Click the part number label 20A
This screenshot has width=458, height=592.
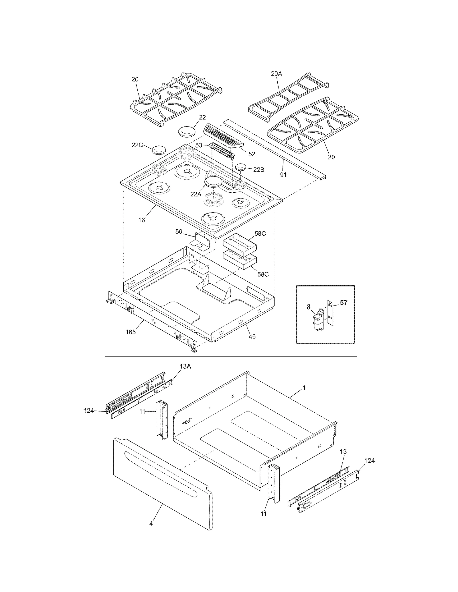click(x=276, y=74)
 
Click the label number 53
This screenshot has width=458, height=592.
click(x=199, y=145)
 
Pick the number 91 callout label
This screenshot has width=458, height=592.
click(x=283, y=175)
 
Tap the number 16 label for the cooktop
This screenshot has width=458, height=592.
click(x=142, y=220)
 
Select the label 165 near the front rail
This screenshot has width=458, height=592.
click(x=131, y=332)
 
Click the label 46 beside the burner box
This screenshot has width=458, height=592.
click(x=252, y=336)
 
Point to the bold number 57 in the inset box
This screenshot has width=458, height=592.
click(x=343, y=303)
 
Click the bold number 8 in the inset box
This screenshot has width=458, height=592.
click(x=308, y=307)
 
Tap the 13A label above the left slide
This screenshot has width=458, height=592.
click(x=185, y=366)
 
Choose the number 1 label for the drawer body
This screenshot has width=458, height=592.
click(x=304, y=388)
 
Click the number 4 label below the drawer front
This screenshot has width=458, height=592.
click(x=151, y=523)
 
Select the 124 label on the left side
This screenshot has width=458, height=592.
click(x=88, y=410)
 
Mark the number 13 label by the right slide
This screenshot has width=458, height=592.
click(x=343, y=452)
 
